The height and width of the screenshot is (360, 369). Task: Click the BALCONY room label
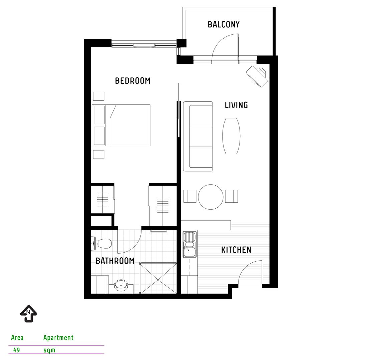224,24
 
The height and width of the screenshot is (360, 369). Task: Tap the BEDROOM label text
132,81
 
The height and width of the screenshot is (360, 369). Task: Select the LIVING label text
236,105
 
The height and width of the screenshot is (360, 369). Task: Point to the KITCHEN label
236,250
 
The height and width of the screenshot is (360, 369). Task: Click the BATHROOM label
115,261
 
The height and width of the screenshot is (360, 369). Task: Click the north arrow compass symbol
29,314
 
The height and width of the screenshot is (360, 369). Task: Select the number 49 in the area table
16,350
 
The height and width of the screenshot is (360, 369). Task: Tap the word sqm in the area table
49,350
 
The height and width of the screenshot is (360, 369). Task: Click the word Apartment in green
58,337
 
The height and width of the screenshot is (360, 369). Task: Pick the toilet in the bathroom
102,243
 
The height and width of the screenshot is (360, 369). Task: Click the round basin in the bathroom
120,285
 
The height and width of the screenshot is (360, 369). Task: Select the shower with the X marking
158,278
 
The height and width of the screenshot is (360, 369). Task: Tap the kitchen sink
189,245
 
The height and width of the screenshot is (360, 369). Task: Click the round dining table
211,197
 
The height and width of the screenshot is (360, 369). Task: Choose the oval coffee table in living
231,136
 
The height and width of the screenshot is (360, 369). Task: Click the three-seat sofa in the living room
198,136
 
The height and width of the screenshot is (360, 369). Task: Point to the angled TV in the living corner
257,76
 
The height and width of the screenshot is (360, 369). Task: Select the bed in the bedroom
127,125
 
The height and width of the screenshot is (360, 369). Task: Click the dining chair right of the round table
231,196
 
